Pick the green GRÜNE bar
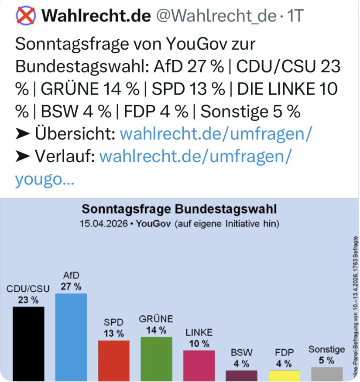(x=156, y=358)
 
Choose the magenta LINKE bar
(x=199, y=365)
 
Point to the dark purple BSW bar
(x=241, y=375)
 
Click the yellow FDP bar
(x=284, y=375)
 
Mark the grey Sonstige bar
(x=326, y=374)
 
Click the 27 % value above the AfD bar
(x=71, y=286)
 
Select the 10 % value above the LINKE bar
(x=199, y=343)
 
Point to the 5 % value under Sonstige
(x=326, y=360)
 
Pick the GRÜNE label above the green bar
(x=156, y=319)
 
